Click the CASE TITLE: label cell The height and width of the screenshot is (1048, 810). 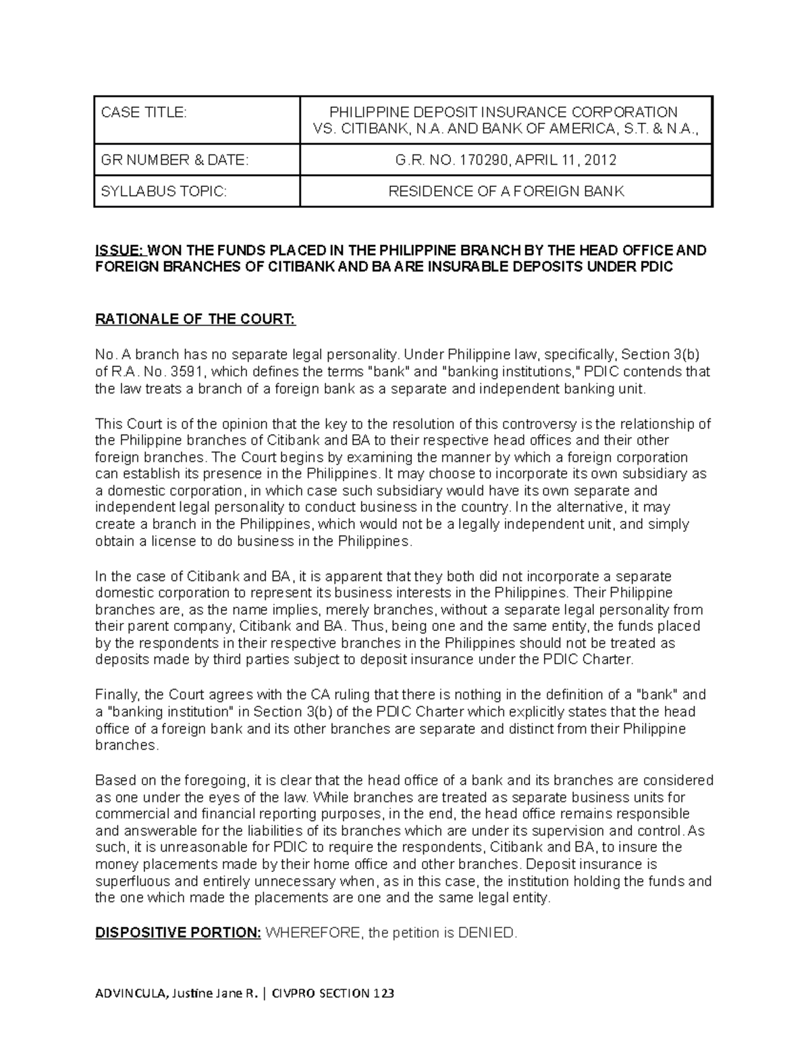(143, 112)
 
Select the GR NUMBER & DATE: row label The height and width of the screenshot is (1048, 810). (174, 160)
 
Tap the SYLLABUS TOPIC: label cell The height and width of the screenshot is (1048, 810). (164, 191)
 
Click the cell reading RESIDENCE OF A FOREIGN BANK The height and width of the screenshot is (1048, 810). (506, 191)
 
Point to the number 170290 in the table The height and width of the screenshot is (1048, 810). (482, 160)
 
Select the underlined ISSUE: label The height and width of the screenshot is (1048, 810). (119, 250)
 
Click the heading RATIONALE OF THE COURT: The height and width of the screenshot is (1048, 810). (196, 319)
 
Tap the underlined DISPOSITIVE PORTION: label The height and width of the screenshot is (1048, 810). (178, 933)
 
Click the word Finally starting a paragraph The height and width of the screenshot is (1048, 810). (117, 694)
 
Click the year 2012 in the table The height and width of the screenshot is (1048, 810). (600, 160)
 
